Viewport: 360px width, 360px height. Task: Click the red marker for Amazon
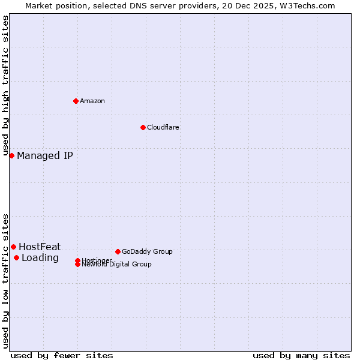click(x=76, y=101)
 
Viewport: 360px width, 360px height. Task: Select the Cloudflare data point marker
click(x=143, y=127)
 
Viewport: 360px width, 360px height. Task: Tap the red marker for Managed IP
click(x=11, y=155)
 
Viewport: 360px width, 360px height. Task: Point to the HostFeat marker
click(x=13, y=247)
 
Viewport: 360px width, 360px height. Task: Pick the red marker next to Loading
click(x=16, y=258)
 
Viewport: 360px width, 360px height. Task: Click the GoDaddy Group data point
click(x=118, y=251)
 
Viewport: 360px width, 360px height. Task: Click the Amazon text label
click(x=92, y=101)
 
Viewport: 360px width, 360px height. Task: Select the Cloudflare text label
click(x=163, y=127)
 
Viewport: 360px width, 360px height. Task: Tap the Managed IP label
click(x=45, y=156)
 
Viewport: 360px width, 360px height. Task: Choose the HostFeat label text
click(x=40, y=247)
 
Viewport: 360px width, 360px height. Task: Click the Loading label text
click(x=40, y=258)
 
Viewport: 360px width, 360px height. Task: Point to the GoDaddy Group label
click(x=147, y=251)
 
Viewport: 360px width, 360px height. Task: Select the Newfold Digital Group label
click(x=117, y=265)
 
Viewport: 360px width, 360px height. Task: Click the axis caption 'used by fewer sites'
click(x=62, y=355)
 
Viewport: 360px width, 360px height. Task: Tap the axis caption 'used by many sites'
click(x=301, y=355)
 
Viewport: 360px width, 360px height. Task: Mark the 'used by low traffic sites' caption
click(x=6, y=280)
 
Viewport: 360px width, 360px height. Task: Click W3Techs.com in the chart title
click(x=305, y=5)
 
